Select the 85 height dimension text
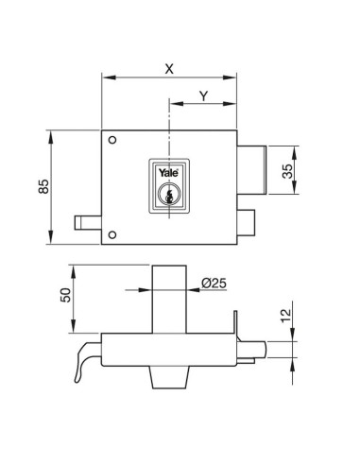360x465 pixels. pyautogui.click(x=43, y=187)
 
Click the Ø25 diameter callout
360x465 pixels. pyautogui.click(x=214, y=283)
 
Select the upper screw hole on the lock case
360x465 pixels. pyautogui.click(x=112, y=142)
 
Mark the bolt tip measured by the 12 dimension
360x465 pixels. pyautogui.click(x=257, y=351)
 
